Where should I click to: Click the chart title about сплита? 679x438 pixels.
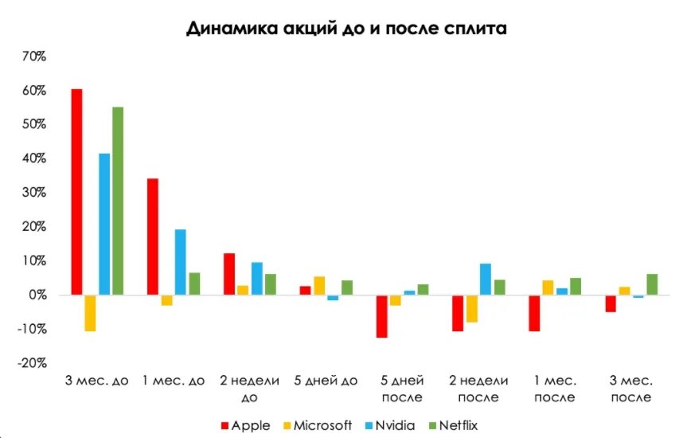pos(346,29)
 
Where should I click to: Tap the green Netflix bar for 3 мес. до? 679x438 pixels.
pos(117,201)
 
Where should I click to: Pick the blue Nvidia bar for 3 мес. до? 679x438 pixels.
pos(104,224)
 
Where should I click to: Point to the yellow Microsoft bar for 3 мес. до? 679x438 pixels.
pos(90,313)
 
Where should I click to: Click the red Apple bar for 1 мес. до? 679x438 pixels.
pos(153,237)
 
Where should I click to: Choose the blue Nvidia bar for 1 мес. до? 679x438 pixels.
pos(180,262)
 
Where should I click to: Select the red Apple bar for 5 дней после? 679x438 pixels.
pos(381,316)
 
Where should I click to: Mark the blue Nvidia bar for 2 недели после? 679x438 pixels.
pos(486,279)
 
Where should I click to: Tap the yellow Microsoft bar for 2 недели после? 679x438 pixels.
pos(471,308)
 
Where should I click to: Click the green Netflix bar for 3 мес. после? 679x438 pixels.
pos(653,284)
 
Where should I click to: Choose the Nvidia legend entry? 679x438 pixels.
pos(396,425)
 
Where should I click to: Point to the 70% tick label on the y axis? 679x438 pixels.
pos(33,57)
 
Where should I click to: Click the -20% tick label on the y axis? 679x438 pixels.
pos(32,363)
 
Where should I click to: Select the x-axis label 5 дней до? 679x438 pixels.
pos(326,381)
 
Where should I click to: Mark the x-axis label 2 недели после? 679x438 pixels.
pos(478,389)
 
